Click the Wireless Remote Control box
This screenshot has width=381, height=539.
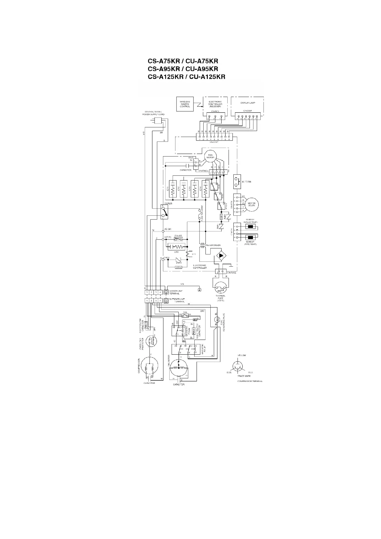pos(185,104)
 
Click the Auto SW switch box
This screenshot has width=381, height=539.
pos(237,181)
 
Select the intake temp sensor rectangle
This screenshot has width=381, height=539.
pos(250,228)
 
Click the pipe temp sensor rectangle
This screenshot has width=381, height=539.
pos(250,238)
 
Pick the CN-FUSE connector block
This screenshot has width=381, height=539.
pos(221,272)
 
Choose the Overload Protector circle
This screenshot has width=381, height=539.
pos(150,340)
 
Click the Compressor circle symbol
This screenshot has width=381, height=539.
pos(150,367)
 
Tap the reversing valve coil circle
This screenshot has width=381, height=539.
pos(216,319)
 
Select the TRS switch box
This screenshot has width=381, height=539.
pos(185,315)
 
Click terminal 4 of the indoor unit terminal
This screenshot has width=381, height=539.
pos(160,292)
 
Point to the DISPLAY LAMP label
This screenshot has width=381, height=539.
pos(247,103)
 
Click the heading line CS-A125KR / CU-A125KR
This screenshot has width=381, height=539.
pos(186,77)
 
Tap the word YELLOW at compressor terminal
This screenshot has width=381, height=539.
pos(242,356)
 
